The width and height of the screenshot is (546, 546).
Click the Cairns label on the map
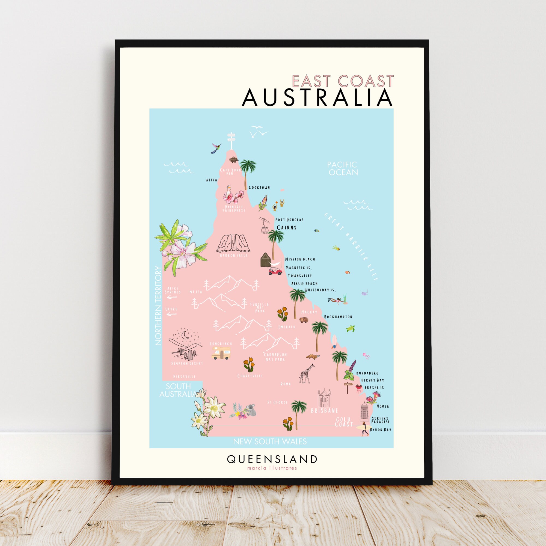point(287,227)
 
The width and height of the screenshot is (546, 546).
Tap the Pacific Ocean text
point(343,168)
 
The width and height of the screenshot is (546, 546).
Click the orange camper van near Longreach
point(221,353)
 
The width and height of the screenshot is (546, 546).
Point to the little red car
point(275,271)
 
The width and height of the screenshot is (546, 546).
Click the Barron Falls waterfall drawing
point(233,244)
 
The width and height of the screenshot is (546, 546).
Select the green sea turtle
point(351,329)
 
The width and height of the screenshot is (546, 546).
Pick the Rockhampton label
point(338,317)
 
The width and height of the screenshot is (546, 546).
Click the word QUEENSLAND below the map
point(272,459)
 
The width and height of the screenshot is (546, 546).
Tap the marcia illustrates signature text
point(272,468)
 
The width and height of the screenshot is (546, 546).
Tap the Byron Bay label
point(380,429)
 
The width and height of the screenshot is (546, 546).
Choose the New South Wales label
point(270,441)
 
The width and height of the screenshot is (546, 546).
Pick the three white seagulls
point(258,132)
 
